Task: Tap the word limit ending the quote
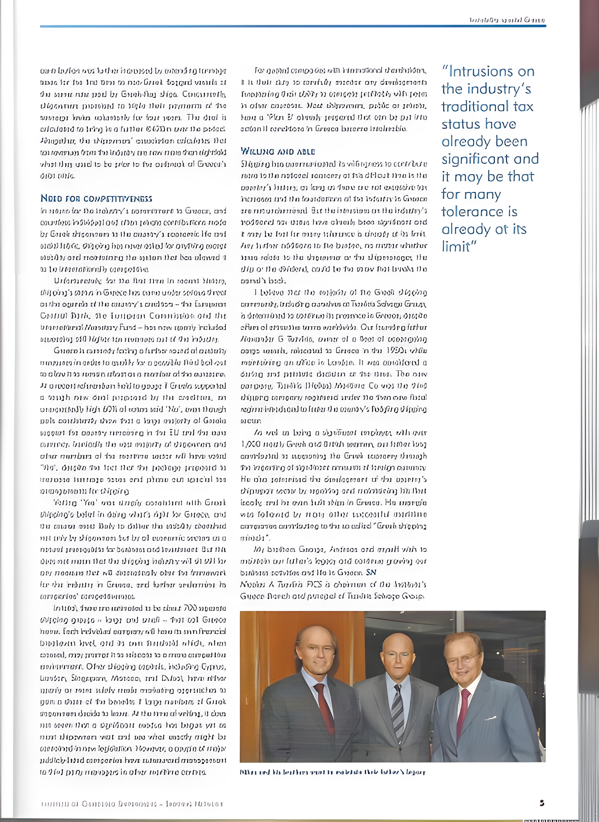[457, 247]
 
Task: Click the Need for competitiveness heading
[96, 199]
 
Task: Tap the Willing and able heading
[278, 151]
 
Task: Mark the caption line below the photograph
[332, 772]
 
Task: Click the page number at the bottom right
[542, 803]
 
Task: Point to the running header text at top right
[507, 20]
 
